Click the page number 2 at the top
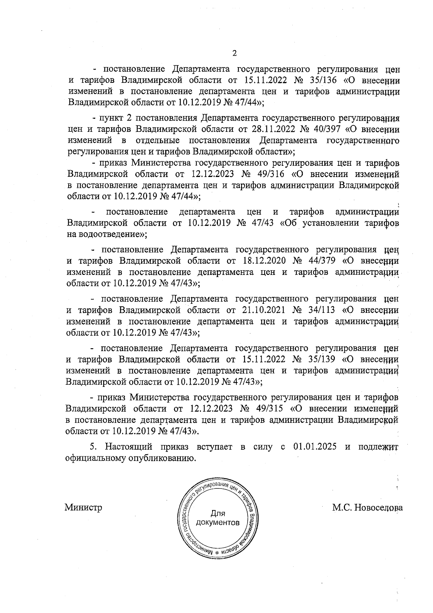(235, 53)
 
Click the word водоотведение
(110, 234)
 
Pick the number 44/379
(318, 261)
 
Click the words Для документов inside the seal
(218, 518)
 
